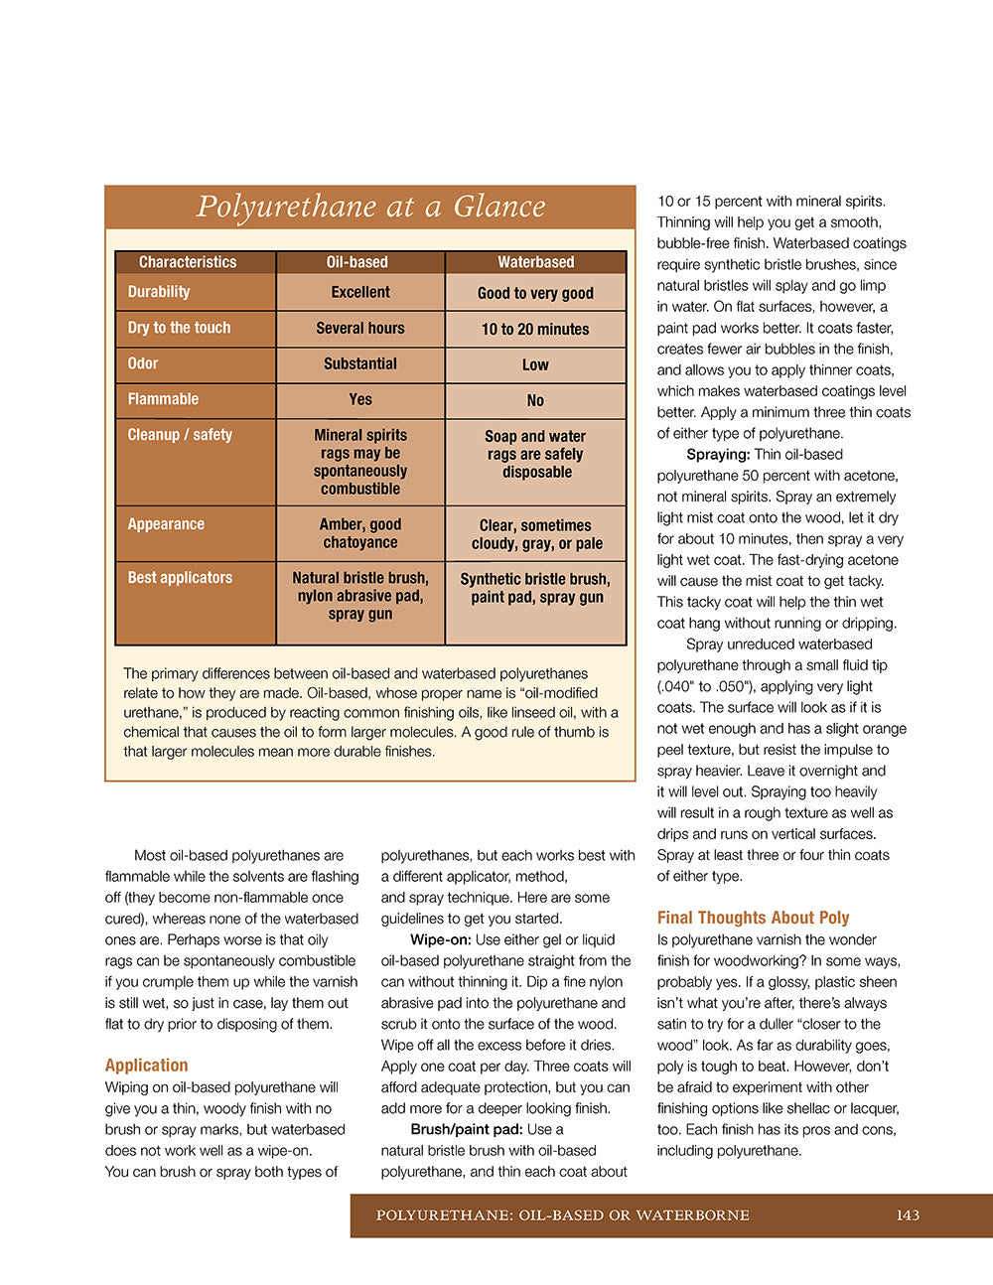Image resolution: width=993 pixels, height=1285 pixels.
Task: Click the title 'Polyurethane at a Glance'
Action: [370, 207]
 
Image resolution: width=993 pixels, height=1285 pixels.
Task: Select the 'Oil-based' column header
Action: [357, 262]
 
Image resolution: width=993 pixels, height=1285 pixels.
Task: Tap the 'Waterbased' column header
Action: [535, 262]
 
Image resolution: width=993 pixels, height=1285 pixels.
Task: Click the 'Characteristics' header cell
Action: [188, 262]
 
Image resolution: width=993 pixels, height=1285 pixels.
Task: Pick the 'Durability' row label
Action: [159, 292]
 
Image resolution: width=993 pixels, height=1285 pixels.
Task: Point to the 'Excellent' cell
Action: [360, 292]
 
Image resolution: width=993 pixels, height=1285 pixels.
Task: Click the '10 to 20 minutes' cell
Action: [535, 329]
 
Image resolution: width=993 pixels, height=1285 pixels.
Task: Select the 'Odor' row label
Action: [143, 363]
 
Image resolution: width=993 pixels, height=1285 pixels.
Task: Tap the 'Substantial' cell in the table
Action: [360, 363]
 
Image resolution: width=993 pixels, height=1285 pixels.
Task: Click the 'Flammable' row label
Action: [163, 399]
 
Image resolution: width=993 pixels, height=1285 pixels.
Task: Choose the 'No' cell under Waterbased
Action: [535, 400]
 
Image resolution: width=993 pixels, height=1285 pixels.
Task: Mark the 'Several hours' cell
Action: [360, 328]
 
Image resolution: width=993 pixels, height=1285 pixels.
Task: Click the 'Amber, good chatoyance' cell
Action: [360, 533]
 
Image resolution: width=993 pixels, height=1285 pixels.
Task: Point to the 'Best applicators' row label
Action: [180, 578]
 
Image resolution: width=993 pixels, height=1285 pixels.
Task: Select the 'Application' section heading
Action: [146, 1065]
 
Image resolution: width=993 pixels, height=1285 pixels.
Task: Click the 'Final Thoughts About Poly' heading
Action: [753, 918]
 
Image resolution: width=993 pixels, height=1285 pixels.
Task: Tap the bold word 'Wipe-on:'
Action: [441, 939]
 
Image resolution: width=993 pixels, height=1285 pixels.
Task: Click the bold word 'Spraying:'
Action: [718, 455]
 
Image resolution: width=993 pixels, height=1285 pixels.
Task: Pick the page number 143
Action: [908, 1215]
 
